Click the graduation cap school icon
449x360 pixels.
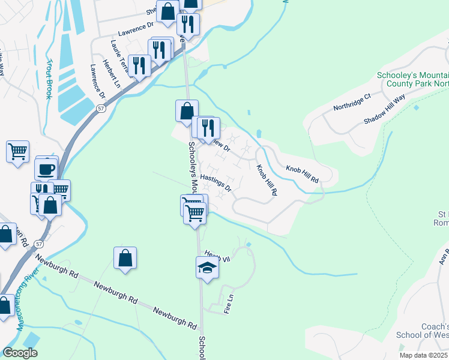click(x=207, y=268)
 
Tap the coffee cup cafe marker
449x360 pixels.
click(x=46, y=169)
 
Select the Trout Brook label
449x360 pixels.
click(x=49, y=79)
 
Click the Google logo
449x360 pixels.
click(x=20, y=353)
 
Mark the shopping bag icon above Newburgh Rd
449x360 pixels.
click(x=125, y=259)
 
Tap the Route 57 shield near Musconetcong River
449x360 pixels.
click(x=39, y=244)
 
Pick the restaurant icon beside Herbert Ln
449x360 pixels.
click(x=139, y=66)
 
